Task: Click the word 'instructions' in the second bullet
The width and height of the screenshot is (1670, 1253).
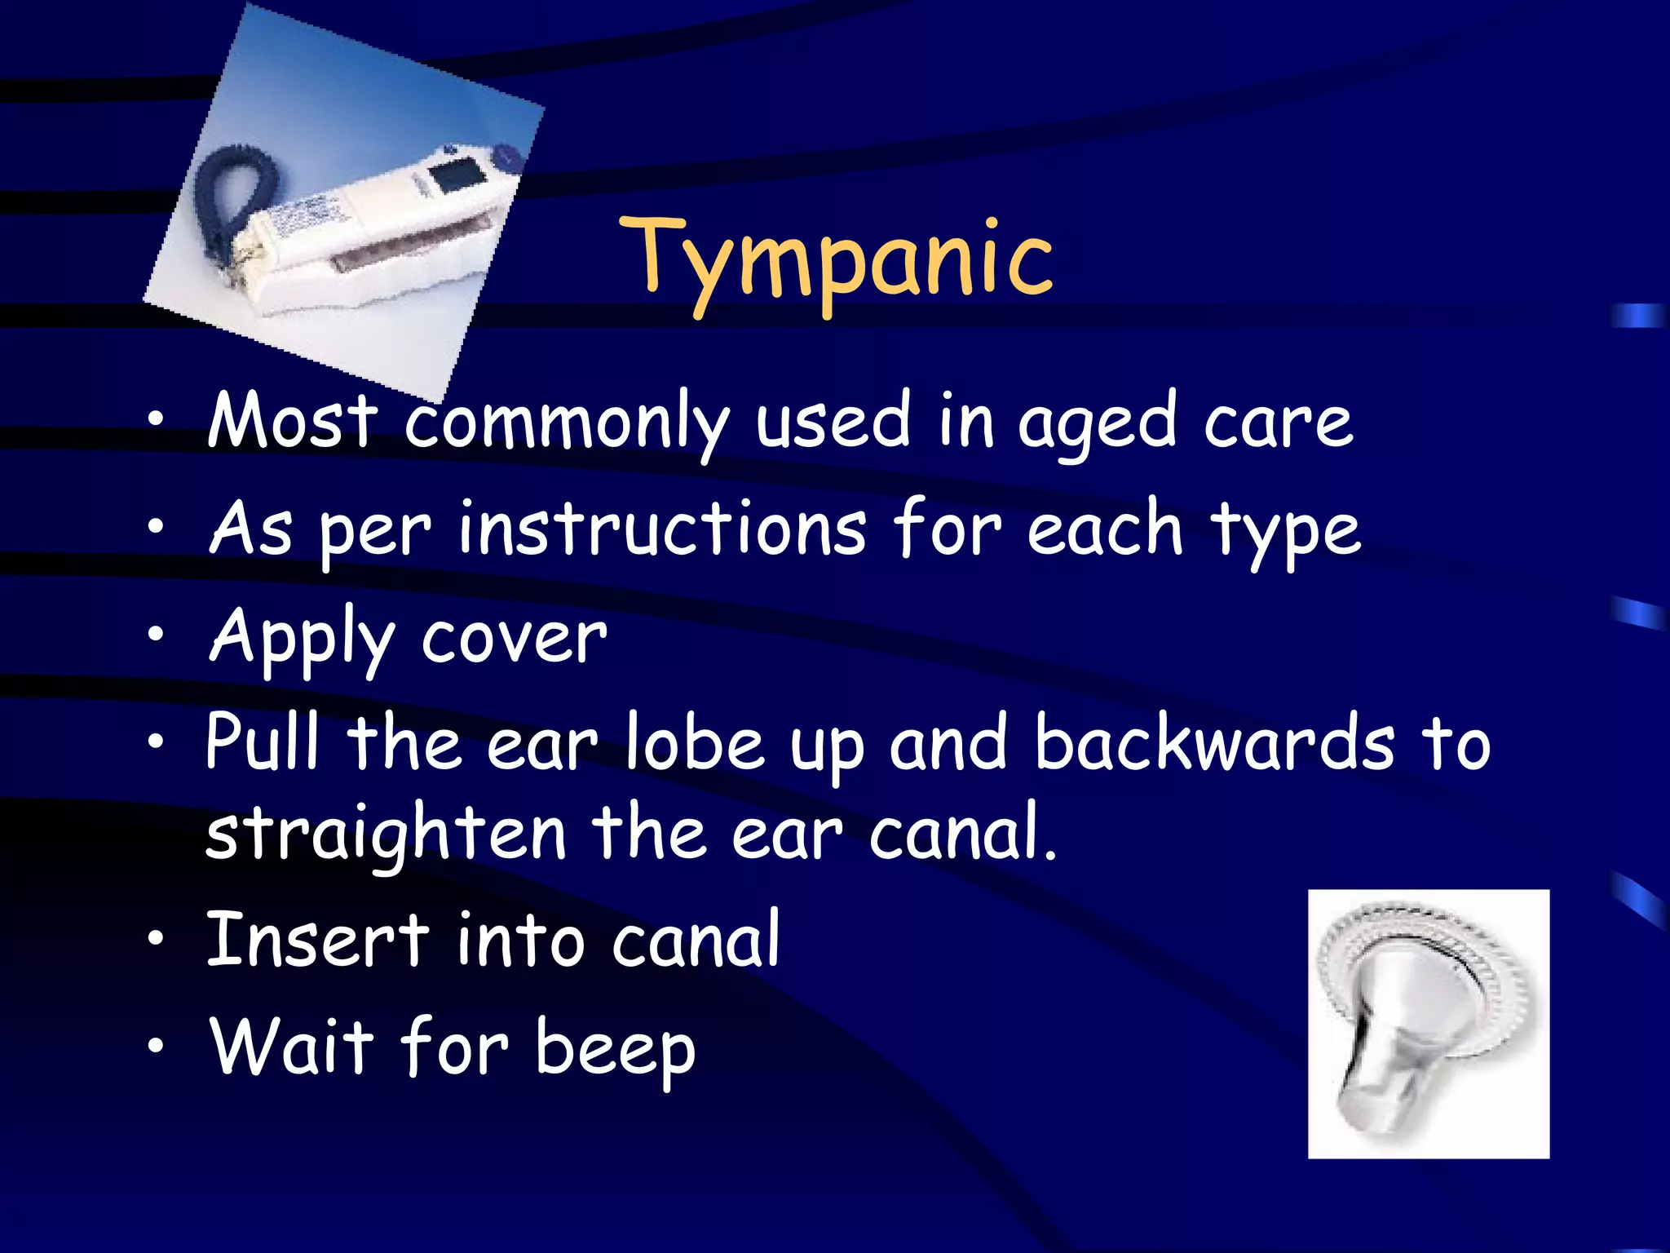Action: point(662,530)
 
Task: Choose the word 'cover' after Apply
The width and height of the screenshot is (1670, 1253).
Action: point(514,639)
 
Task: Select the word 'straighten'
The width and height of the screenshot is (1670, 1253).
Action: point(385,835)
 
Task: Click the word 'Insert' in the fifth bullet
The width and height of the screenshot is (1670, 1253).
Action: point(318,940)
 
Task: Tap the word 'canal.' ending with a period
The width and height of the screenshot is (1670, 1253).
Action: point(962,835)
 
